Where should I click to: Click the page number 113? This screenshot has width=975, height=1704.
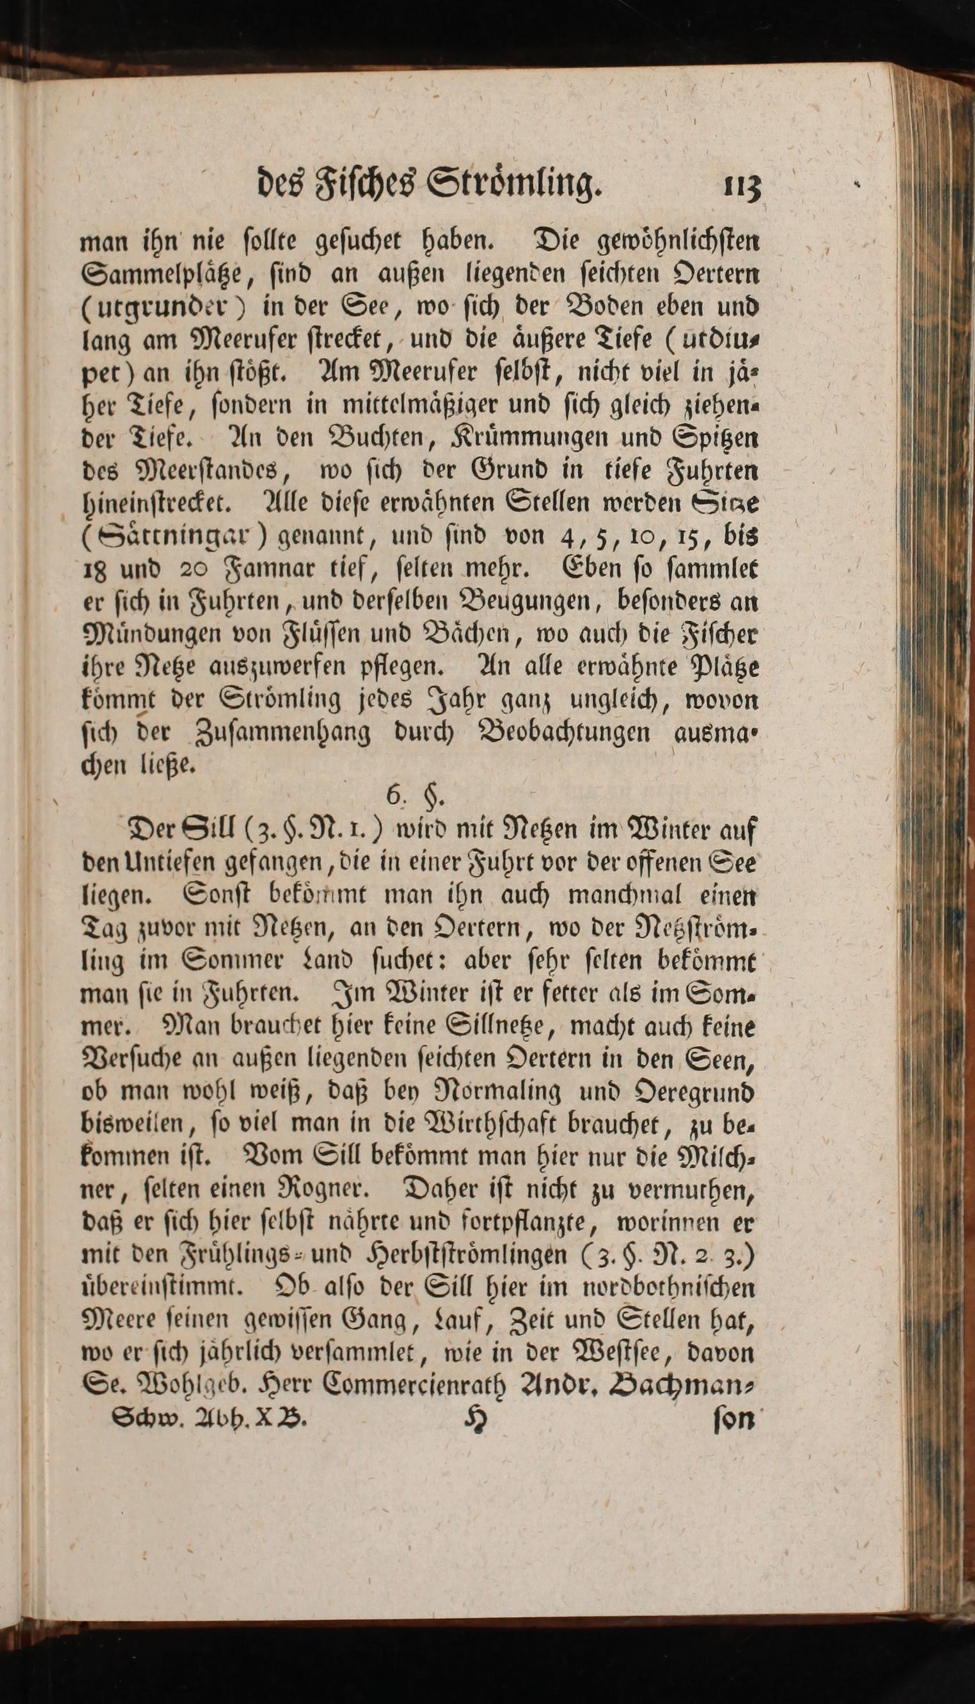point(743,186)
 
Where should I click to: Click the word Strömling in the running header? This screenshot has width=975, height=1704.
point(515,185)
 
